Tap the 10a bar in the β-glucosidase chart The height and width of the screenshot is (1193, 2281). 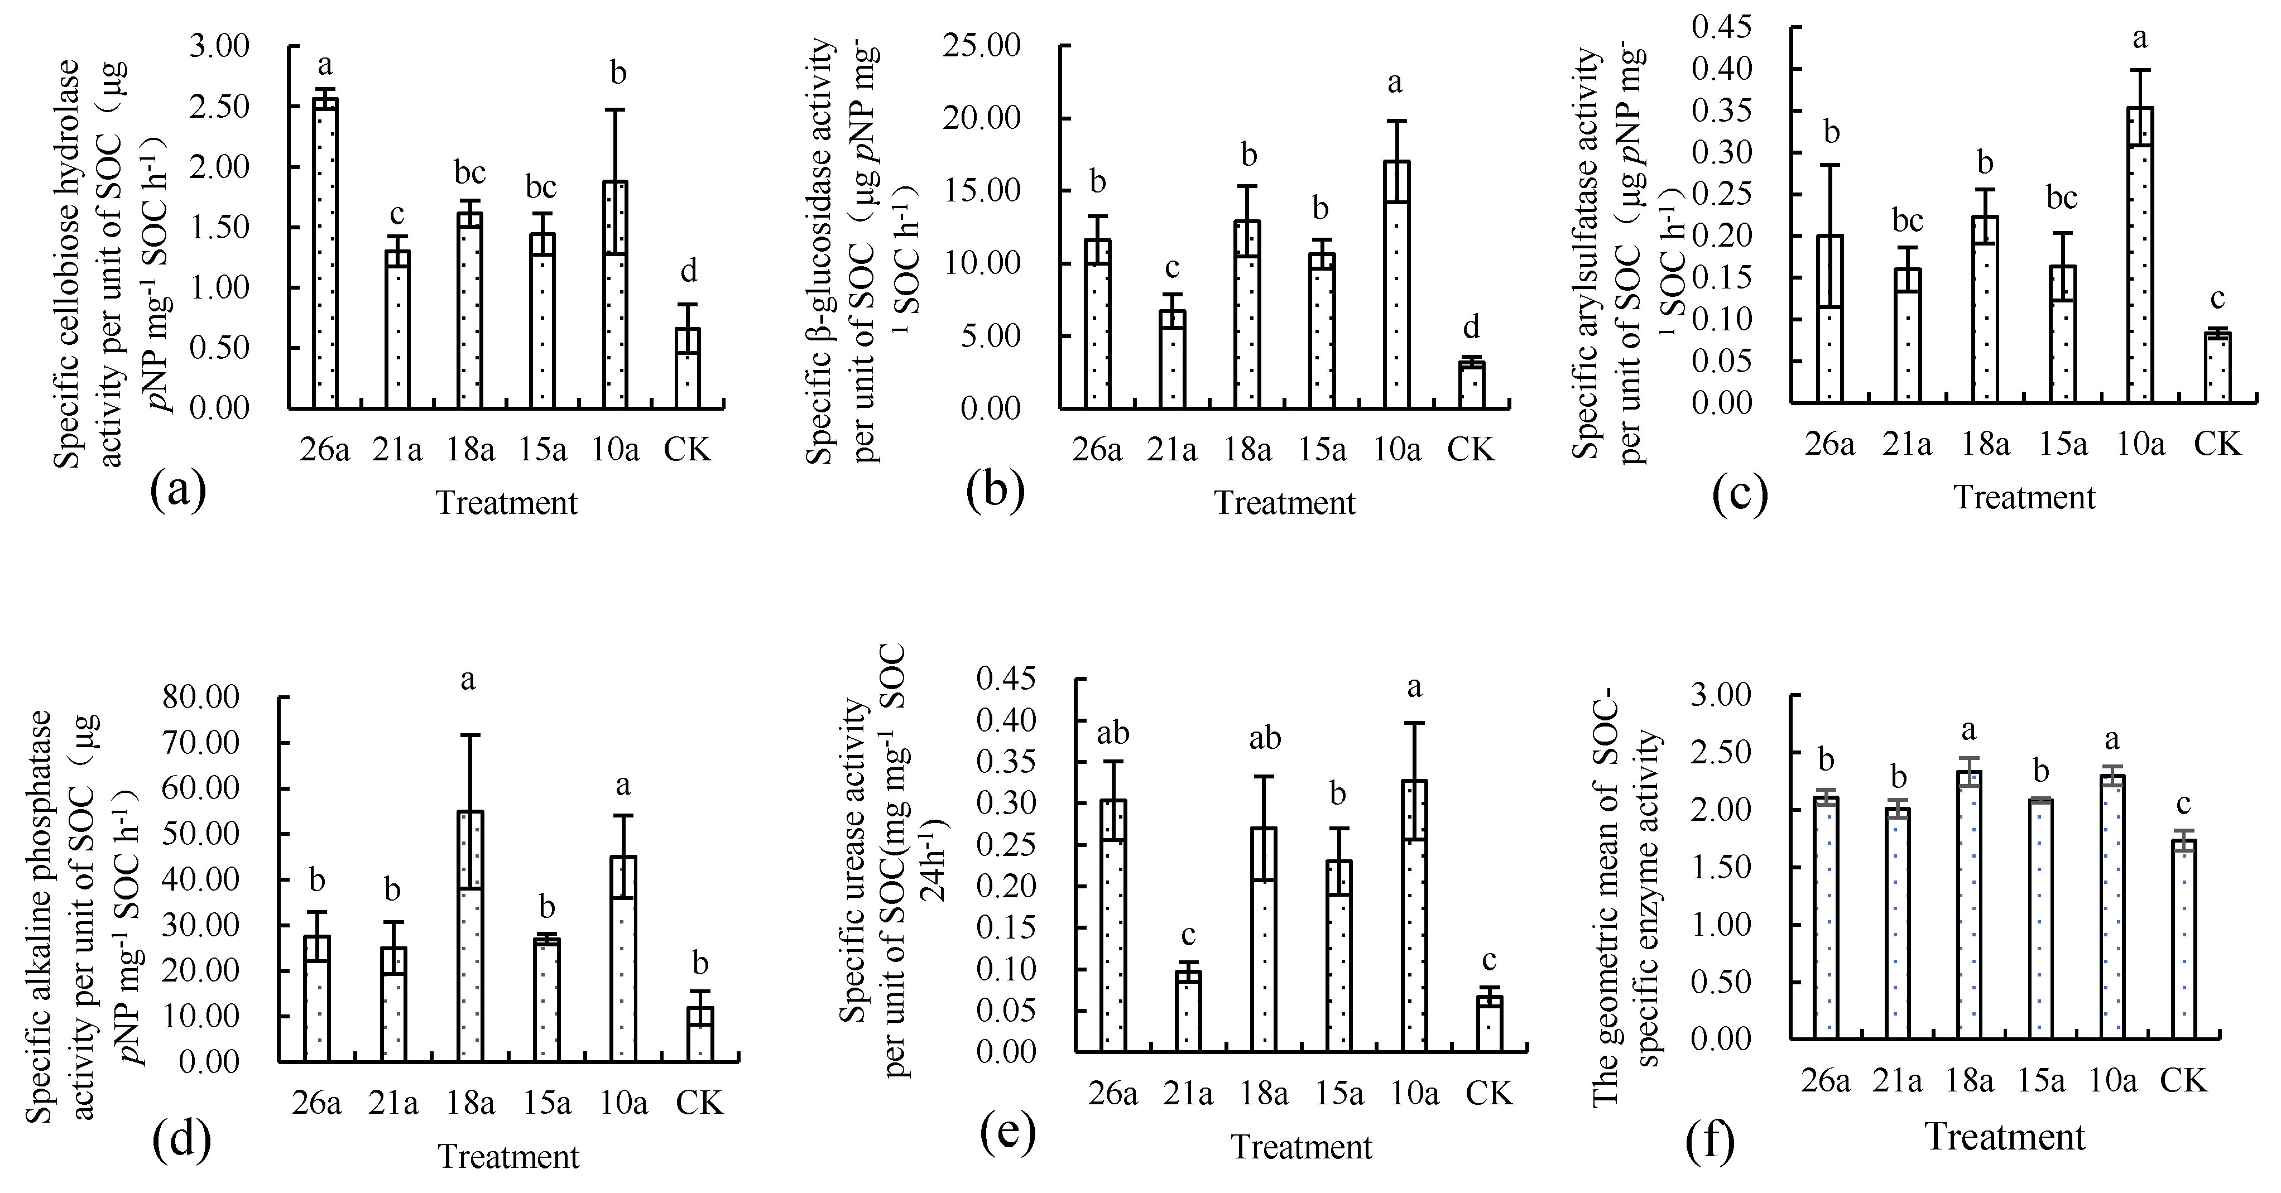tap(1396, 284)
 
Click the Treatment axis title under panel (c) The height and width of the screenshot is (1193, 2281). tap(2024, 497)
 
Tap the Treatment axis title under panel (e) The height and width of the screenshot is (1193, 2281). tap(1301, 1147)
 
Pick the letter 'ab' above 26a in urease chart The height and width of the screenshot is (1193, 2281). tap(1112, 734)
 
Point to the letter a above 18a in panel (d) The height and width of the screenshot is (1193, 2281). tap(468, 680)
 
